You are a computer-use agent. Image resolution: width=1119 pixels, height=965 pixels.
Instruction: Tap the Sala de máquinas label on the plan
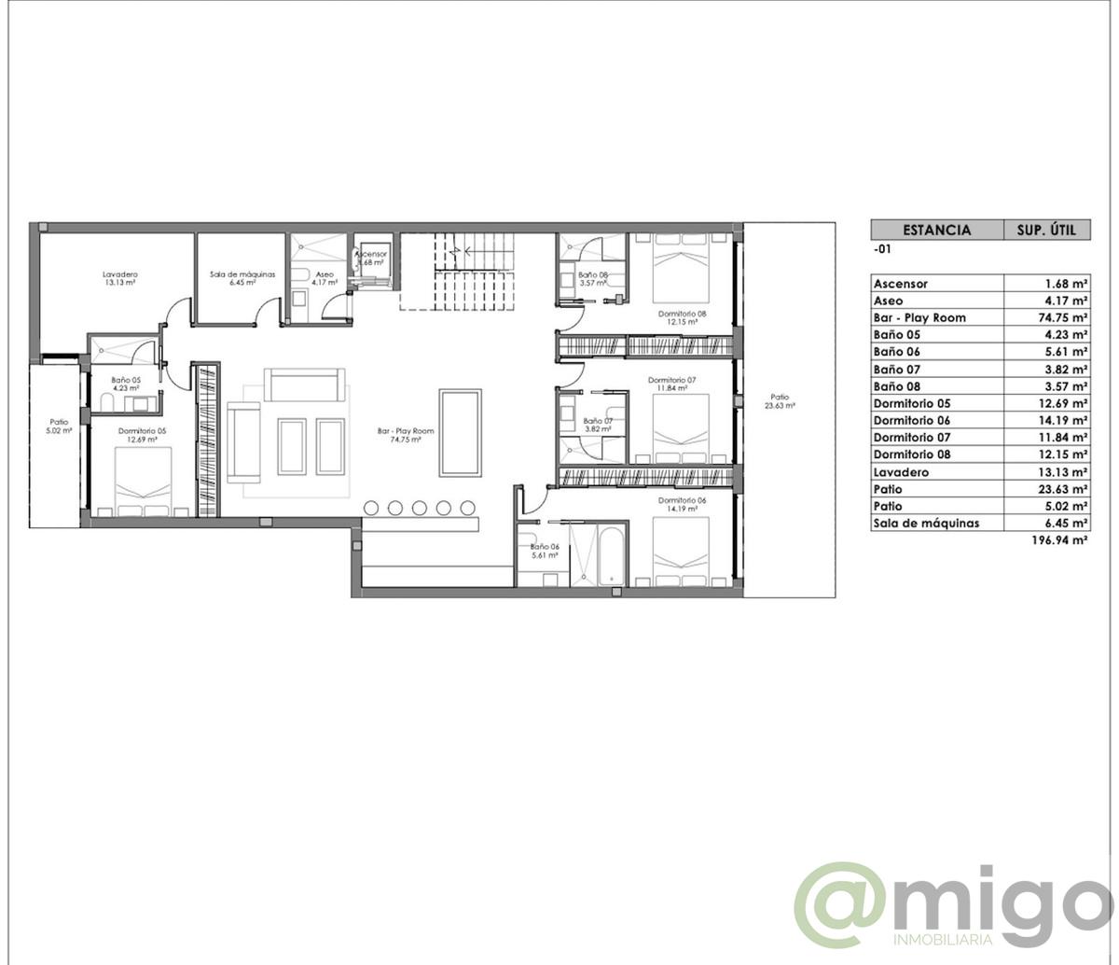tap(242, 278)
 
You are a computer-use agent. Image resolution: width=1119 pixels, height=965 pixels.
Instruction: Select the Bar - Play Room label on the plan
tap(406, 435)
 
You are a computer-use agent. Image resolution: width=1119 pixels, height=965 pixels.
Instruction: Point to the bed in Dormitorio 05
tap(144, 481)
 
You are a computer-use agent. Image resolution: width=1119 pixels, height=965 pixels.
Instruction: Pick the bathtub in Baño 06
tap(609, 557)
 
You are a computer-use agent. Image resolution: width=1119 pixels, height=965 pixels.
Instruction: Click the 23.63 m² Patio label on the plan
tap(779, 401)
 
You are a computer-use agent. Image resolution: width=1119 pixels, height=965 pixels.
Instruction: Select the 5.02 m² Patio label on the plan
tap(60, 427)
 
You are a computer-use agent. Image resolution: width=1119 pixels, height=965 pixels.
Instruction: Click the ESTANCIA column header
tap(936, 230)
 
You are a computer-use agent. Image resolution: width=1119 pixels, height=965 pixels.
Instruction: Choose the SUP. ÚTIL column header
tap(1046, 230)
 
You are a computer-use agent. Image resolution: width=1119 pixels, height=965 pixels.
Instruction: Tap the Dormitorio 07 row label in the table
tap(912, 437)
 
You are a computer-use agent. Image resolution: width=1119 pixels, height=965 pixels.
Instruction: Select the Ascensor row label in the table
tap(900, 284)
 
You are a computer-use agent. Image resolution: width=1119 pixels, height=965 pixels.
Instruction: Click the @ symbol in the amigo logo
tap(844, 904)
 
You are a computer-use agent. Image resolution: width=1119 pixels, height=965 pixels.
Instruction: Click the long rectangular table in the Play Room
tap(461, 433)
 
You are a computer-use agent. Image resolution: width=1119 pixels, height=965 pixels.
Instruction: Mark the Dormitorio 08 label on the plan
tap(682, 317)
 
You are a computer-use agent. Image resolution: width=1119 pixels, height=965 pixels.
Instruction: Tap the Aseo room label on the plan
tap(324, 278)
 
